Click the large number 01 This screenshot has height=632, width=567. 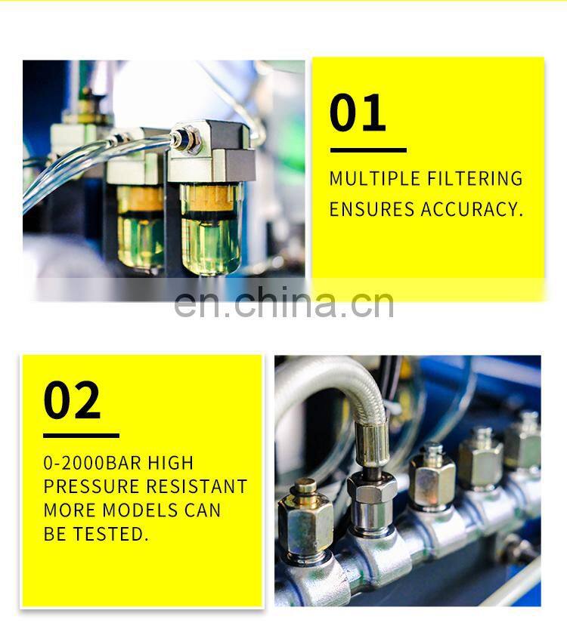358,113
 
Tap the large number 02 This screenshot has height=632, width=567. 72,400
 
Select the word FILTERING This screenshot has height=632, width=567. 475,178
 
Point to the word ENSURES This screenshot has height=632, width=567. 372,209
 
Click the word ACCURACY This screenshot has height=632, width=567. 472,209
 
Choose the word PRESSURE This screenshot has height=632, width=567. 91,486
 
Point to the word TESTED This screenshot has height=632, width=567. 110,534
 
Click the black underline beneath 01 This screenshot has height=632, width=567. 368,150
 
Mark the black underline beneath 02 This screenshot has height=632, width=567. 81,436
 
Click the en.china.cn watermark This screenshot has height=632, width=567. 283,303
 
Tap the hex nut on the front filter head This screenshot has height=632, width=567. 187,140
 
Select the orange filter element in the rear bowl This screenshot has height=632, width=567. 140,199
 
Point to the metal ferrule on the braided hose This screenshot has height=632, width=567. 372,442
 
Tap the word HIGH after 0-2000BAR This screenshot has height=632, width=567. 171,463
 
